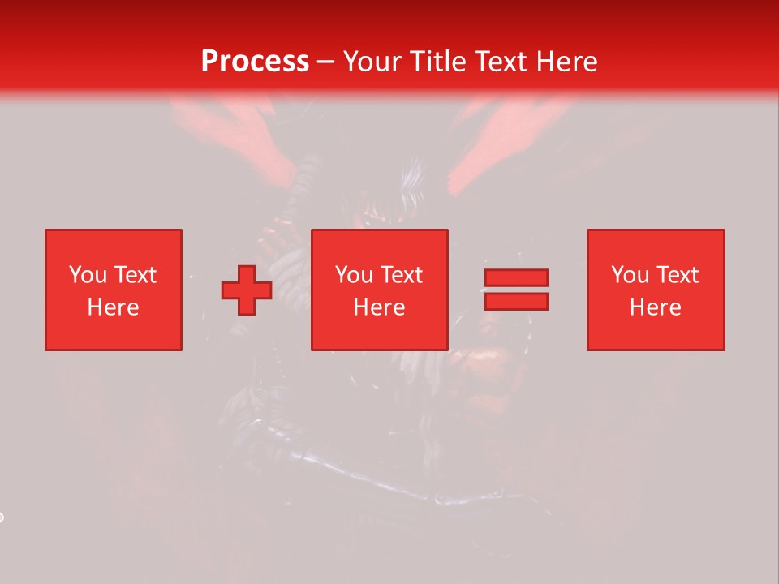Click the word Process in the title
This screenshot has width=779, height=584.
coord(255,62)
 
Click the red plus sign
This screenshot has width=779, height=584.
coord(247,290)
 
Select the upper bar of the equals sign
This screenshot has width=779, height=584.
coord(516,277)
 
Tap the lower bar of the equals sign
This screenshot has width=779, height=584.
coord(516,301)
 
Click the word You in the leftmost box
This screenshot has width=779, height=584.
coord(88,275)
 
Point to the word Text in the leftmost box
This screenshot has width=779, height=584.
coord(134,275)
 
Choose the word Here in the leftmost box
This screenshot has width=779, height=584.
coord(113,307)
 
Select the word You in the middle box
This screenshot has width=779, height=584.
coord(354,275)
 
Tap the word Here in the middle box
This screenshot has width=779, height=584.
coord(379,307)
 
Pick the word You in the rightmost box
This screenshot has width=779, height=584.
coord(630,275)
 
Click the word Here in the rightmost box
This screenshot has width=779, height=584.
coord(655,307)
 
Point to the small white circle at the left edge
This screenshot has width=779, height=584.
coord(1,517)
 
